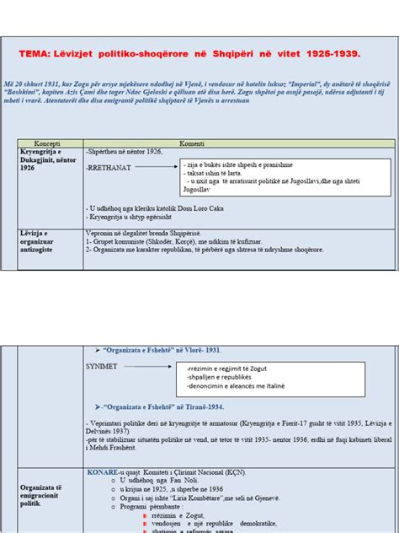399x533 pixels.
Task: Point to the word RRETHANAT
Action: pyautogui.click(x=105, y=169)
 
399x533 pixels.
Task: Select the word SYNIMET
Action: pyautogui.click(x=102, y=368)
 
